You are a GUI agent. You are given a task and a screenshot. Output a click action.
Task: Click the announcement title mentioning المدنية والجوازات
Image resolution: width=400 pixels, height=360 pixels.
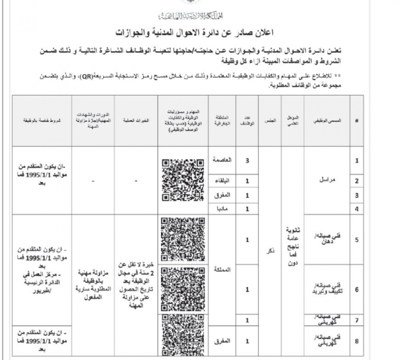(x=200, y=33)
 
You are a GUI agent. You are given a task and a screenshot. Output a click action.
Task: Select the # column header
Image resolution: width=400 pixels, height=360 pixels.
(x=357, y=121)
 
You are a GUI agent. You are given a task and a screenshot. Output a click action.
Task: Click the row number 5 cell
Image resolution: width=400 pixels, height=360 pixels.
(x=357, y=240)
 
